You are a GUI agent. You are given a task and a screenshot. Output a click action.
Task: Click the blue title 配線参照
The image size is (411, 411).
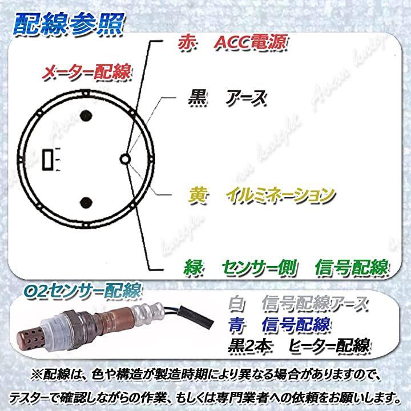tap(68, 25)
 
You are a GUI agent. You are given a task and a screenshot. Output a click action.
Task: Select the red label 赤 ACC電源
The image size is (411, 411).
tap(232, 42)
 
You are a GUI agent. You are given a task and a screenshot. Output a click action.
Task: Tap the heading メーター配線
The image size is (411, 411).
tap(87, 72)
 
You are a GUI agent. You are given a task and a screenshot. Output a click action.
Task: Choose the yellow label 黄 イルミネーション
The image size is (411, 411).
tap(261, 196)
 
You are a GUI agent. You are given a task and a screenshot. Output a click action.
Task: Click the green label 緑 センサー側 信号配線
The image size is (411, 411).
tap(286, 268)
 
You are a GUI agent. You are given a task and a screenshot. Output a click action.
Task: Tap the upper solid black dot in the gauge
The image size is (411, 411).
tap(86, 115)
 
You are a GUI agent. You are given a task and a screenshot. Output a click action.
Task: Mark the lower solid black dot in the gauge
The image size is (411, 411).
tap(86, 202)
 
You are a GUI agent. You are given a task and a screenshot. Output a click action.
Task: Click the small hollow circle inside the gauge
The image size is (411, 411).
tap(125, 159)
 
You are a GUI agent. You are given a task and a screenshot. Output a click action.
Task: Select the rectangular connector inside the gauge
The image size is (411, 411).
tap(48, 160)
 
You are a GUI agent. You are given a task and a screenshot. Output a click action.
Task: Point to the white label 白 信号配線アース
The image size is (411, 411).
tap(298, 304)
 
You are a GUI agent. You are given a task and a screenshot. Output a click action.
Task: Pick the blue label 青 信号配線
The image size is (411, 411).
tap(279, 325)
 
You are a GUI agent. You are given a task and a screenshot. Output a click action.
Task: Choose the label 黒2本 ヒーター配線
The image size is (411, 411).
tap(299, 345)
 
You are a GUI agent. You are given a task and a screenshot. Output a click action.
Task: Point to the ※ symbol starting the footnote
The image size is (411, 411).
tap(36, 375)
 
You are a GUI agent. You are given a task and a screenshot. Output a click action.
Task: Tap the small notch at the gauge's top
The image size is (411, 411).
tap(86, 93)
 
